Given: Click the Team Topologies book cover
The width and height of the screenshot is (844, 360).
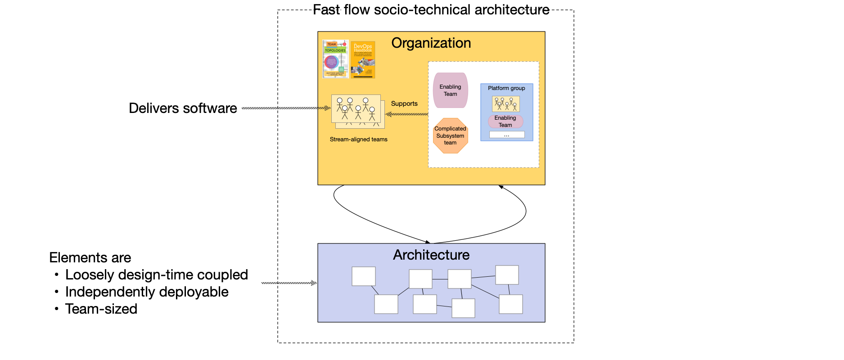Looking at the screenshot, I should [x=335, y=59].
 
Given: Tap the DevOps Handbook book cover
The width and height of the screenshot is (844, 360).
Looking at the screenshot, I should [x=363, y=60].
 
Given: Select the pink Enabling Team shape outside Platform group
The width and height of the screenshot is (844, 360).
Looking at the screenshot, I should [x=450, y=90].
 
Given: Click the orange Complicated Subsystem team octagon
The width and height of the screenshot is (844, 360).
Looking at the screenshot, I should [x=450, y=135].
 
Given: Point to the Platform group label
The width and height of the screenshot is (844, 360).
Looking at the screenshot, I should [x=506, y=88].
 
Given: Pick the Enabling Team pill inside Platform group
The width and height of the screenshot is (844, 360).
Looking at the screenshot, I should [x=505, y=121].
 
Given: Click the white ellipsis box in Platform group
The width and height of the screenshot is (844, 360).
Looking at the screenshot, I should [x=507, y=135].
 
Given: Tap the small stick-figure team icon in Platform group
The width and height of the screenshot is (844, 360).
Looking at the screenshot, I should [x=506, y=104].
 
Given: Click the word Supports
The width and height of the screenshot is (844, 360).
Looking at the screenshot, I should [x=404, y=103].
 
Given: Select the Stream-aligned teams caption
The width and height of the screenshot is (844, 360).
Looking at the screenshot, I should [x=358, y=139].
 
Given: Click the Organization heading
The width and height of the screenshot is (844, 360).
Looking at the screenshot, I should [x=431, y=43].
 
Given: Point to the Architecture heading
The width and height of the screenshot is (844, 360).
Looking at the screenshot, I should [x=431, y=255].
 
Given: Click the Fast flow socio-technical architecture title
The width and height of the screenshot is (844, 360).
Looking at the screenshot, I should [x=431, y=10].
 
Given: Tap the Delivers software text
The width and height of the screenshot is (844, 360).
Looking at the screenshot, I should [x=183, y=108].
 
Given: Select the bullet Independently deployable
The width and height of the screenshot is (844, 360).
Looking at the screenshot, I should [x=147, y=292].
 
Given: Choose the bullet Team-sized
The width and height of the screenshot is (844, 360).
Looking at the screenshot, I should [x=101, y=309].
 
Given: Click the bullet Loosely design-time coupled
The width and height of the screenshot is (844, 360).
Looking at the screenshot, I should [x=157, y=275].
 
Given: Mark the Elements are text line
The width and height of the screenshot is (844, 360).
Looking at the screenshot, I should [x=90, y=258].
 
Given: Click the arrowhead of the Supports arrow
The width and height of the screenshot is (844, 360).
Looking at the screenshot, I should [x=388, y=114].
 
